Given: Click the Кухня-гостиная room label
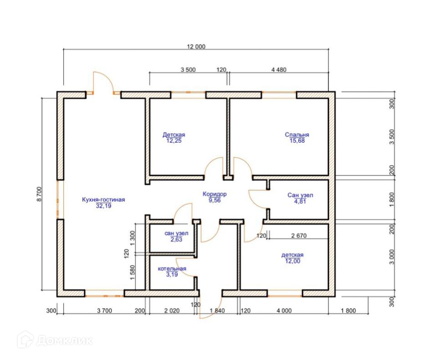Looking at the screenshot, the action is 103,200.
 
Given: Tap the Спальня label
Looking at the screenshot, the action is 297,134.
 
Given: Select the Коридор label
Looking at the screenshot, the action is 214,194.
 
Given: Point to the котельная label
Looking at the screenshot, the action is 172,269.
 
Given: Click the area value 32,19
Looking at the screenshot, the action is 103,206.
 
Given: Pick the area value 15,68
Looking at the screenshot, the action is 297,141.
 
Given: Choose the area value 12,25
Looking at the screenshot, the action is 174,141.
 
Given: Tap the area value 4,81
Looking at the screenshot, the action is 300,201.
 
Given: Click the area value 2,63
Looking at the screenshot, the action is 176,239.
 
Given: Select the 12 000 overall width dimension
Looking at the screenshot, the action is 196,46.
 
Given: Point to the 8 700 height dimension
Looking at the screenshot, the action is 39,194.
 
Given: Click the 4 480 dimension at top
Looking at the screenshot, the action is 279,69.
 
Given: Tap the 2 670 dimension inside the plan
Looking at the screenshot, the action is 299,236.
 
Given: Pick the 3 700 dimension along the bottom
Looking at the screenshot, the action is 105,311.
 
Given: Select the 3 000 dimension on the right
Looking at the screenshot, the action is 392,257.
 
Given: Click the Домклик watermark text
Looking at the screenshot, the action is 65,341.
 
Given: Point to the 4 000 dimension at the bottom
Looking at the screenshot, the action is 284,311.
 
